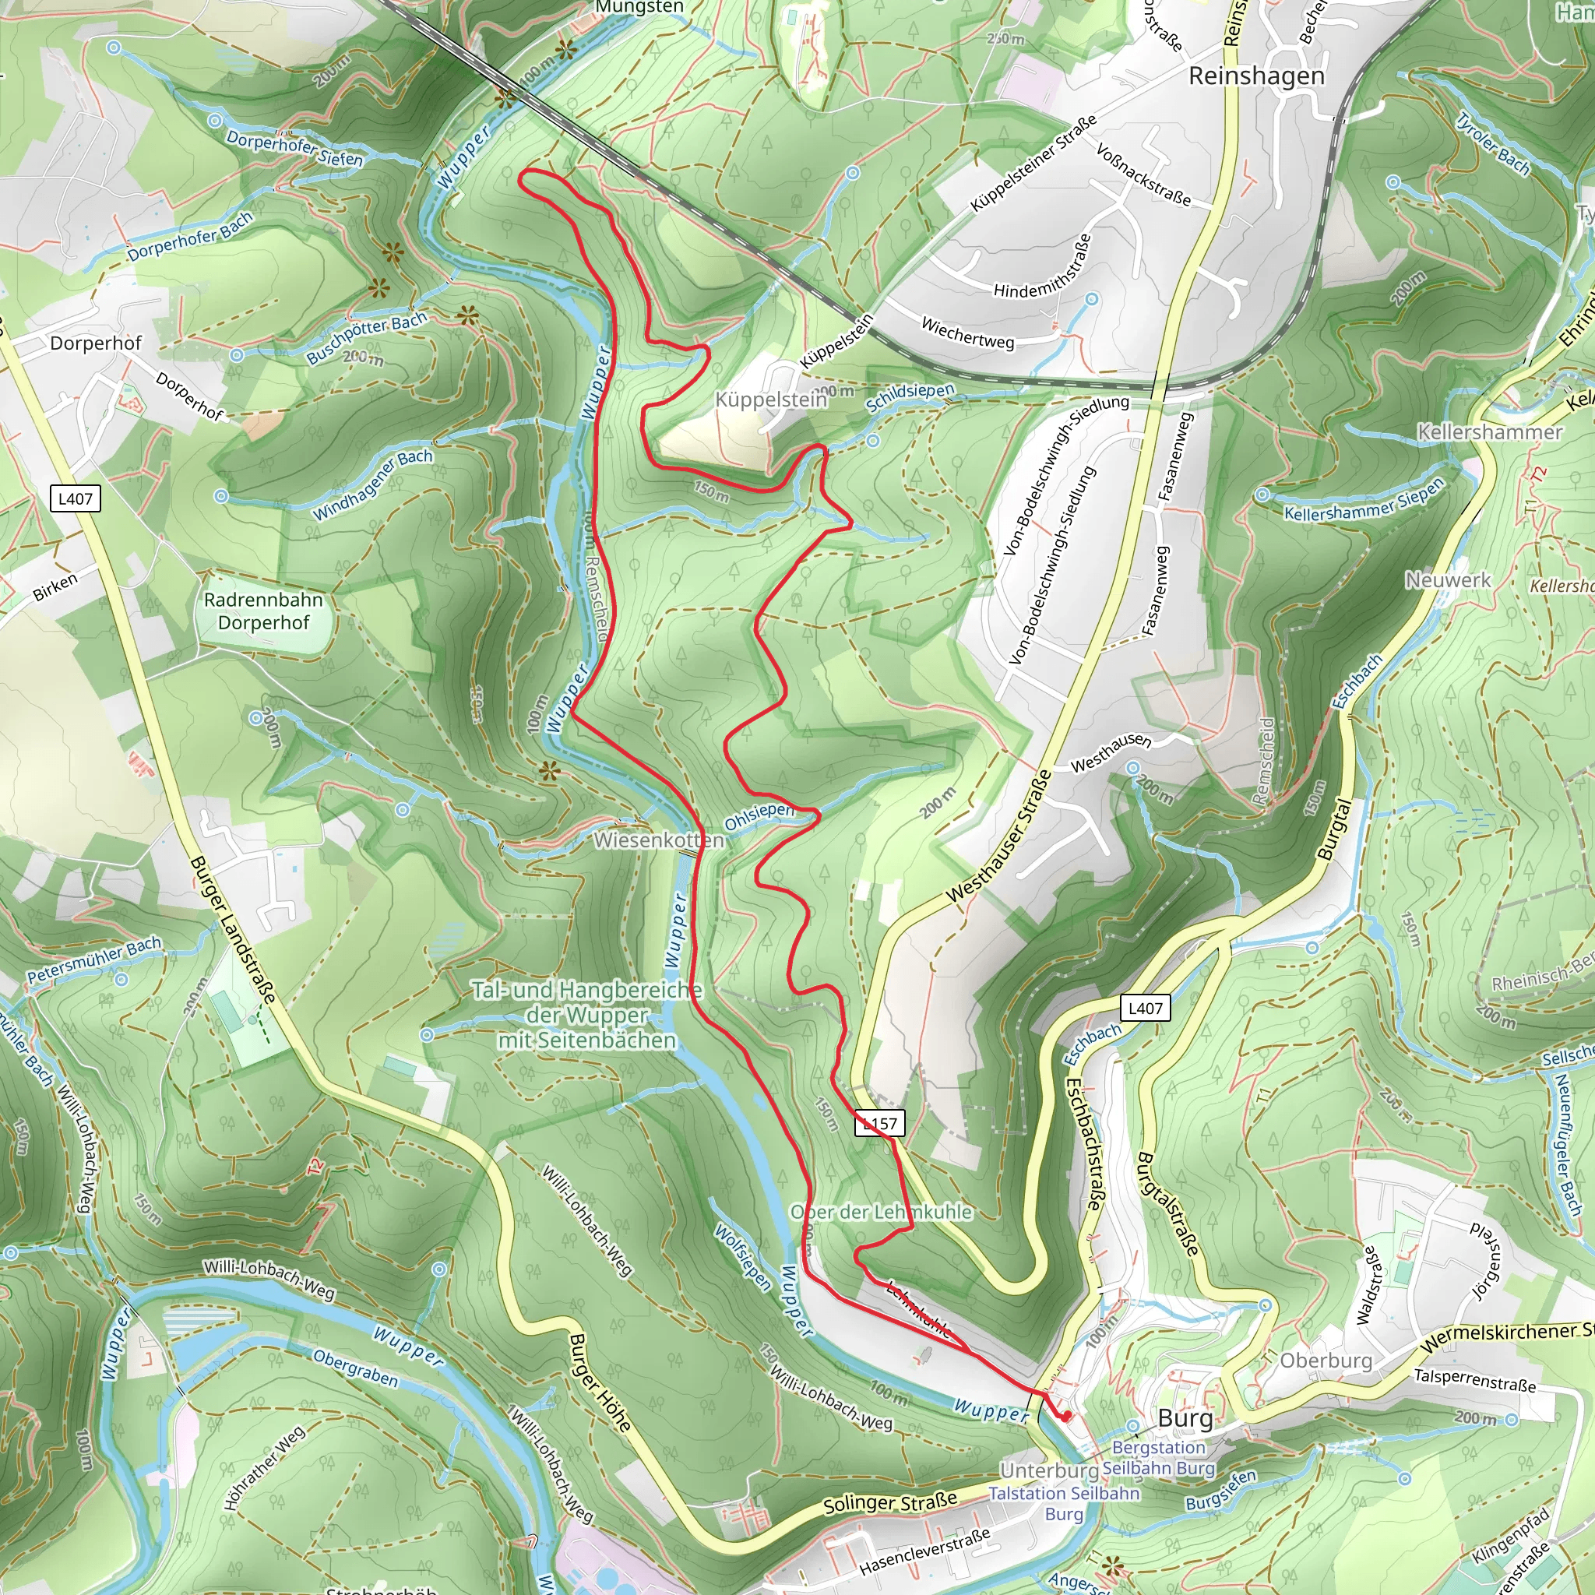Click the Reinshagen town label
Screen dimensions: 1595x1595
tap(1255, 76)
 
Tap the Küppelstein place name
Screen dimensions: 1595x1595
tap(770, 400)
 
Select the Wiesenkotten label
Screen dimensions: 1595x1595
tap(659, 840)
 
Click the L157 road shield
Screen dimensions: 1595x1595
tap(880, 1123)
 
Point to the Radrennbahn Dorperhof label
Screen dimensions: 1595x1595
tap(263, 611)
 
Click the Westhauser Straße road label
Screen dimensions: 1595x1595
tap(998, 836)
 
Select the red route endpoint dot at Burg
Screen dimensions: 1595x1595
tap(1066, 1416)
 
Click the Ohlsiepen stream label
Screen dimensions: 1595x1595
tap(759, 815)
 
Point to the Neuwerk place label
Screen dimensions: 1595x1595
tap(1448, 580)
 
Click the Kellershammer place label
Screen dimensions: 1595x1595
tap(1489, 431)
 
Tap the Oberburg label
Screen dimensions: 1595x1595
tap(1325, 1361)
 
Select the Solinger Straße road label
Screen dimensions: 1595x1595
tap(890, 1502)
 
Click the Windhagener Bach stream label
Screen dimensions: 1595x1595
tap(372, 484)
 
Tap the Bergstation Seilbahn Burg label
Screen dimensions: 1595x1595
tap(1159, 1458)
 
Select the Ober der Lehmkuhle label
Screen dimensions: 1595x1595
tap(881, 1212)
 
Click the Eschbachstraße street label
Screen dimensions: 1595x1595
tap(1083, 1144)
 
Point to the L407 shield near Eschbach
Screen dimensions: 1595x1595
tap(1145, 1008)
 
